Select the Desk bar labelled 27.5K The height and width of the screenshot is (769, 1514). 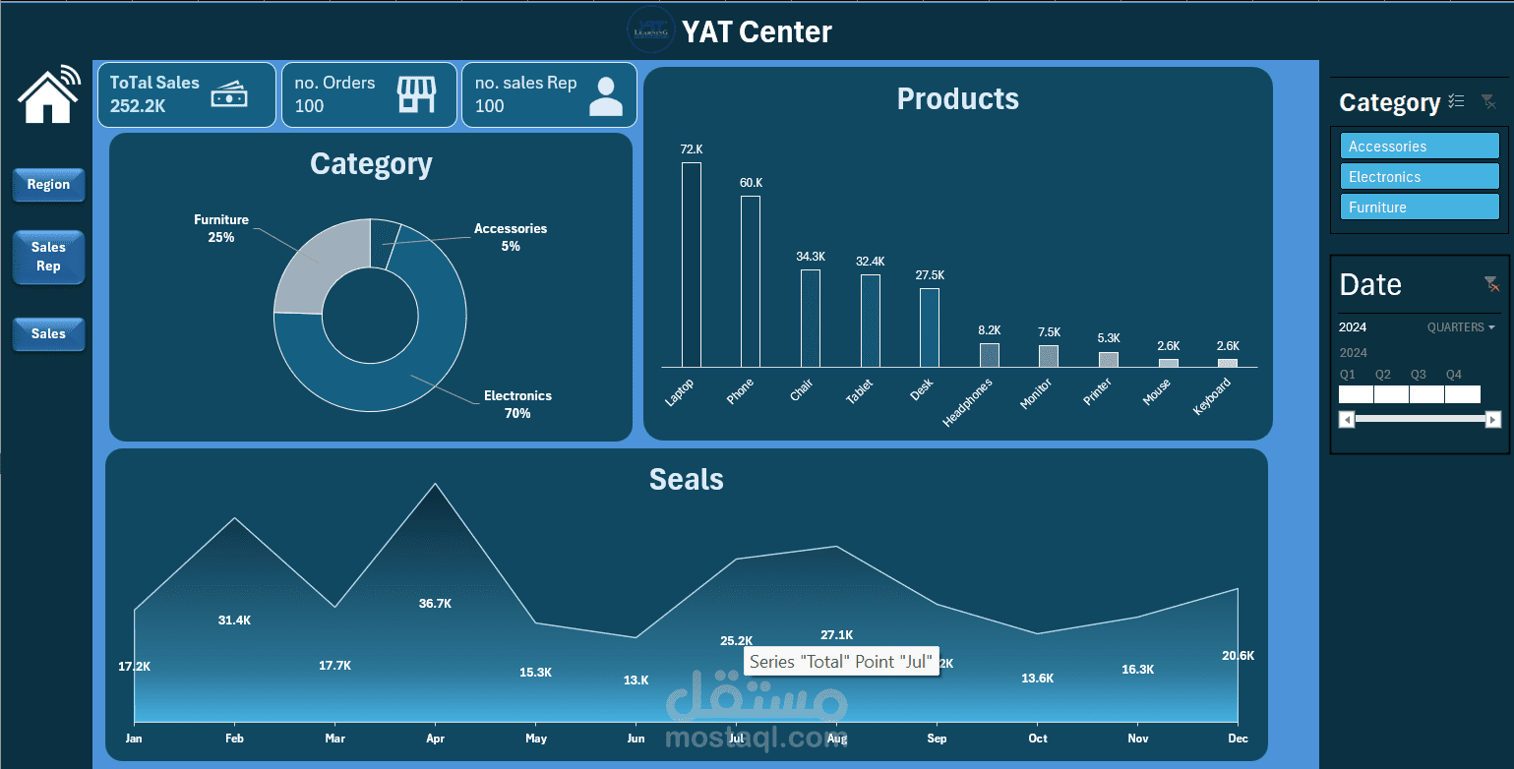[x=930, y=326]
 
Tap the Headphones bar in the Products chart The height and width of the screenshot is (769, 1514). [x=989, y=354]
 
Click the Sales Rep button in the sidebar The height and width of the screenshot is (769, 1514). [x=48, y=257]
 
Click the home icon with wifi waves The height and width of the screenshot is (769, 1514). [x=48, y=94]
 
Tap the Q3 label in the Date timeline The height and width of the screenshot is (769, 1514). [x=1418, y=375]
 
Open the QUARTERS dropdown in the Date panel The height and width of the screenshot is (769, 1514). [x=1461, y=327]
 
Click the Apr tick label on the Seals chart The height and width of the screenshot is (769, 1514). [x=435, y=739]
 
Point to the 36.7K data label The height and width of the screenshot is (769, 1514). [x=435, y=604]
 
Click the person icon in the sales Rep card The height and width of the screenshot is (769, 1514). [x=606, y=96]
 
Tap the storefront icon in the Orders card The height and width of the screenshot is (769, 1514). [x=415, y=95]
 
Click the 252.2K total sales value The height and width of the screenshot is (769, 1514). [x=138, y=106]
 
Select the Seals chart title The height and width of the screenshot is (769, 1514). [x=686, y=480]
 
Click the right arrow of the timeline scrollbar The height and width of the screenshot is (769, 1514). [x=1492, y=420]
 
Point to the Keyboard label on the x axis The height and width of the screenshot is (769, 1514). [x=1213, y=396]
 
